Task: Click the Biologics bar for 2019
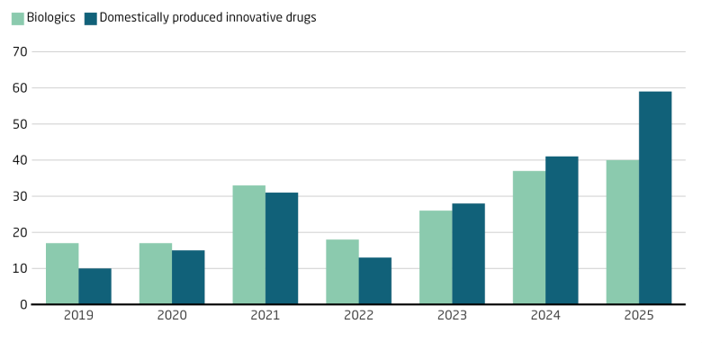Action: point(62,274)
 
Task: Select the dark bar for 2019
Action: point(94,286)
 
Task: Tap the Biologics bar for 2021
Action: point(249,245)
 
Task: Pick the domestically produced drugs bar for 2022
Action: point(375,281)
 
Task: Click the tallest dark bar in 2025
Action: point(655,198)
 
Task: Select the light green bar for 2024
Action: point(529,238)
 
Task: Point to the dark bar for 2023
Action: point(468,254)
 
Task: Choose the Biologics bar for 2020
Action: point(156,274)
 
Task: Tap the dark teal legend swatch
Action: point(90,18)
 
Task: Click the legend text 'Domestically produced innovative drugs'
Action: point(207,18)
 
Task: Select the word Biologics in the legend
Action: point(50,18)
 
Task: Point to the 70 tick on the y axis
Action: point(18,52)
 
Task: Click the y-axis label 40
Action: point(18,160)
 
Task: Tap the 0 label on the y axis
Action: point(22,304)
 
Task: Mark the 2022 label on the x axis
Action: point(358,317)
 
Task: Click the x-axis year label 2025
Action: point(639,317)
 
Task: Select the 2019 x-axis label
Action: point(78,317)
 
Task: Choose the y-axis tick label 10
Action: point(18,268)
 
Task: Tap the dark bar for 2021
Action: point(282,248)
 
